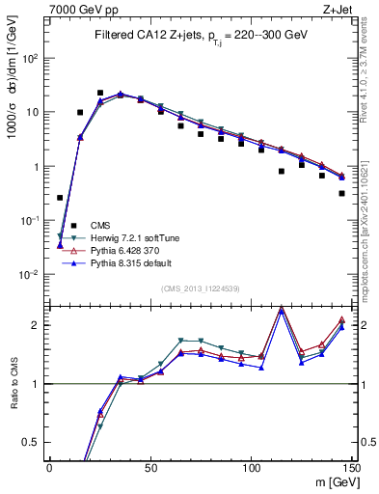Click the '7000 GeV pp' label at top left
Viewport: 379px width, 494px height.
pyautogui.click(x=80, y=9)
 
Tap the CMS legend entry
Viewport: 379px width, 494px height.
pyautogui.click(x=100, y=224)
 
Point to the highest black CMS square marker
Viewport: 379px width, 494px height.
pyautogui.click(x=100, y=94)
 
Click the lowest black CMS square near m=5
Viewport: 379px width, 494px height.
pyautogui.click(x=60, y=198)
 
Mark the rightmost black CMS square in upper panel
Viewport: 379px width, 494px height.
pyautogui.click(x=342, y=193)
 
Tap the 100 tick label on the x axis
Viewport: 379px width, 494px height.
pyautogui.click(x=251, y=468)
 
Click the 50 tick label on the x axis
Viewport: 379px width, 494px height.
pyautogui.click(x=150, y=468)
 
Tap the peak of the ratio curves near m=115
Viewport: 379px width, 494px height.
pyautogui.click(x=281, y=309)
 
